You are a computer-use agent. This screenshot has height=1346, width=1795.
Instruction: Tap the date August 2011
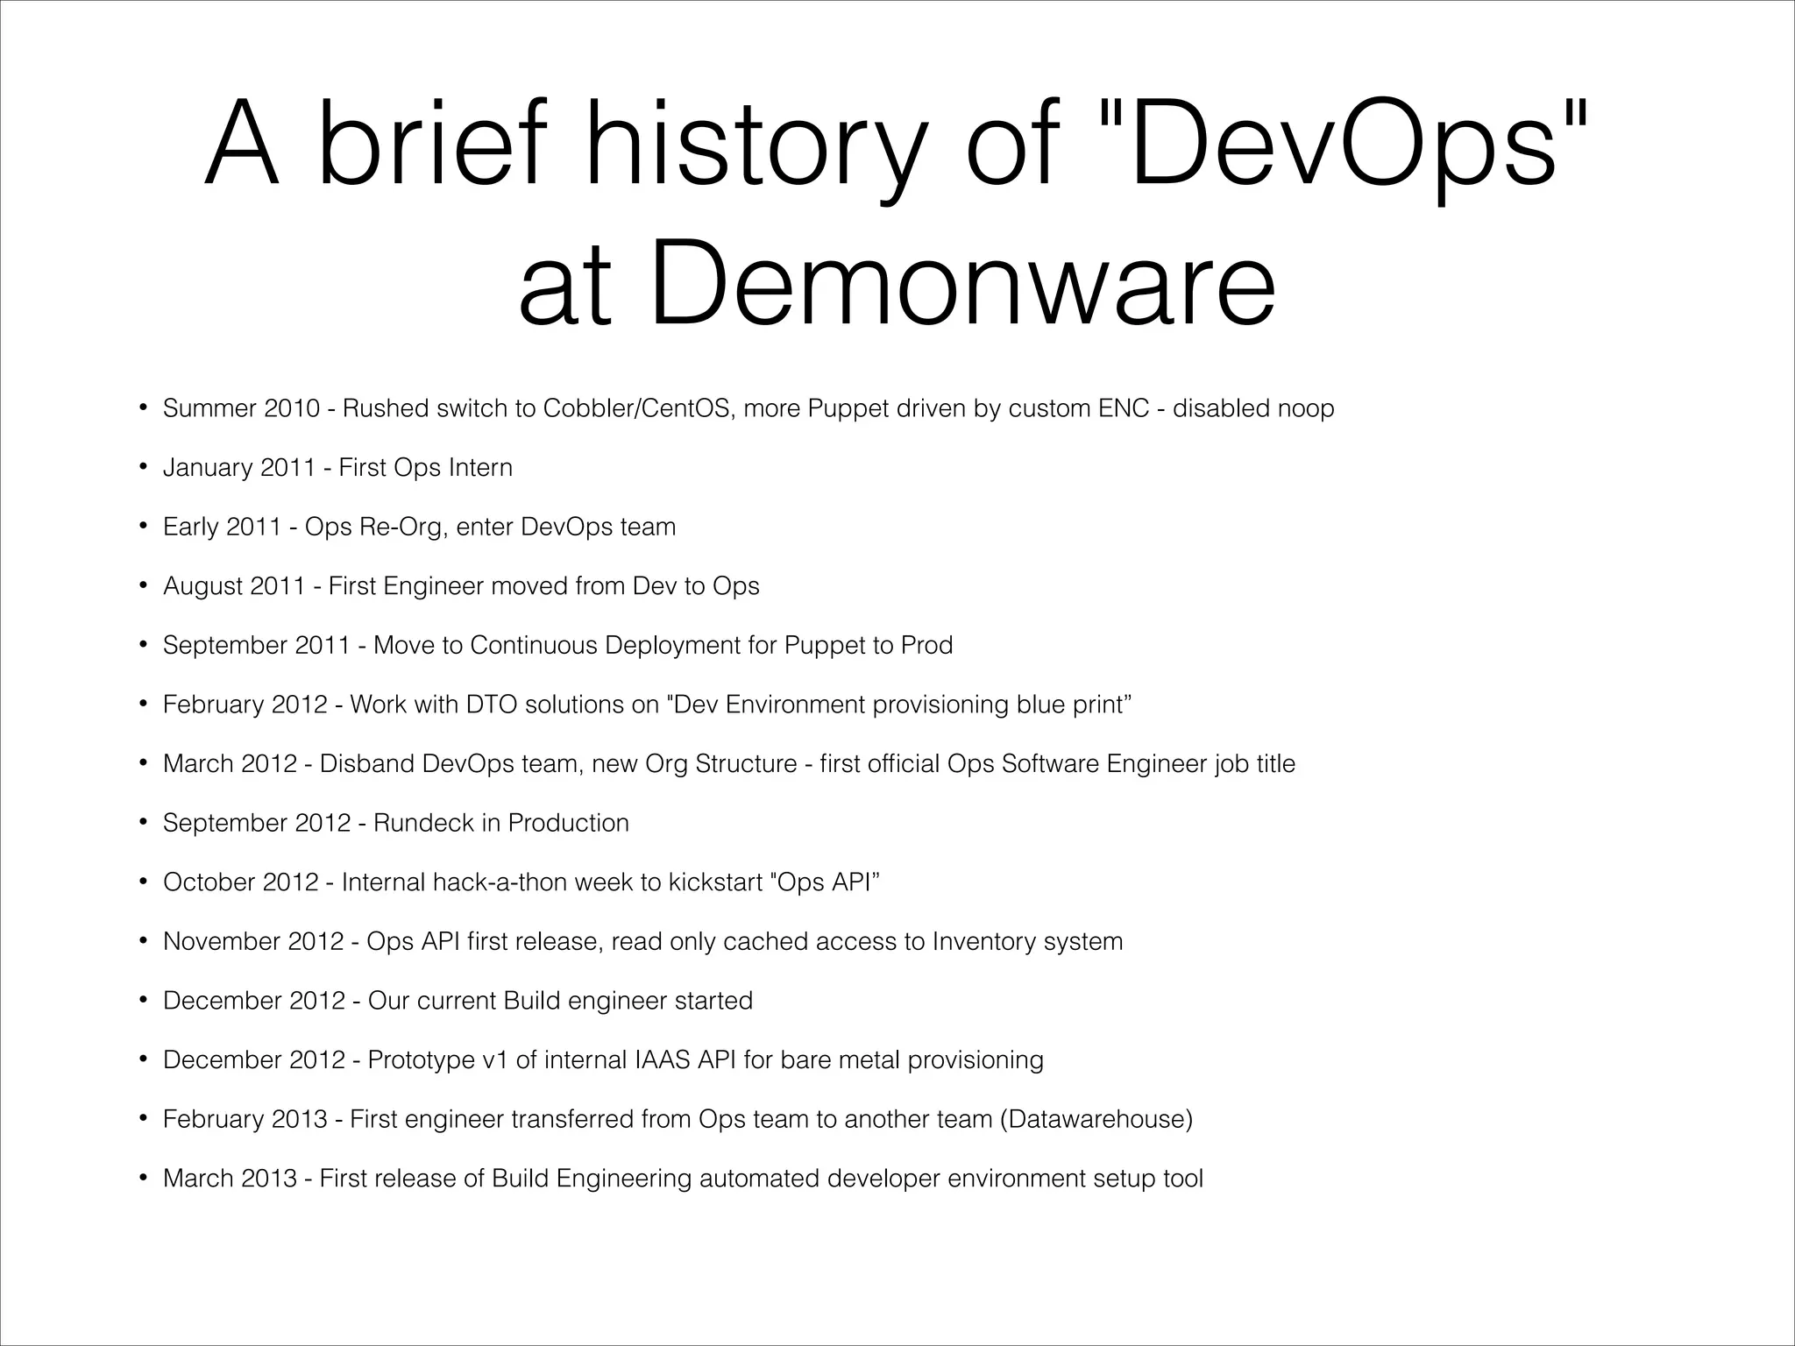[x=234, y=586]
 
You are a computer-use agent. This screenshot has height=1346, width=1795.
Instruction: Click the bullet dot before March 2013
[x=142, y=1179]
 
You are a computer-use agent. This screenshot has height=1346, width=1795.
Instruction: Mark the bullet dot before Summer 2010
[x=142, y=408]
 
